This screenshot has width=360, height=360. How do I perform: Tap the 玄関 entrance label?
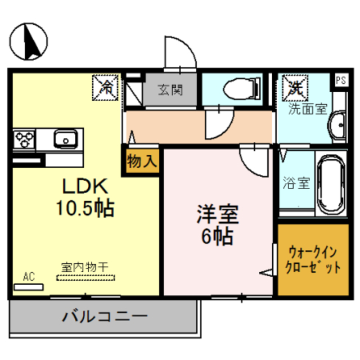click(169, 89)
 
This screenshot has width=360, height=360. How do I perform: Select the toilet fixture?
click(239, 89)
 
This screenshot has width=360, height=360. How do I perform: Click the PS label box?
click(341, 80)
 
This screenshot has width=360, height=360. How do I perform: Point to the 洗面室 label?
click(308, 108)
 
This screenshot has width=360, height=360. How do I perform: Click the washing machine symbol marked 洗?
click(295, 85)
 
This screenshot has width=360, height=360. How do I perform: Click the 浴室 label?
click(295, 183)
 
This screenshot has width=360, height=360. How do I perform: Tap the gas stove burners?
click(25, 138)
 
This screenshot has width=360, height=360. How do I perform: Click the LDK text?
click(84, 187)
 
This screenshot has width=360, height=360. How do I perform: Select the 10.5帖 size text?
click(84, 209)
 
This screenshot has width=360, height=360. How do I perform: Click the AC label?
click(29, 276)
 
